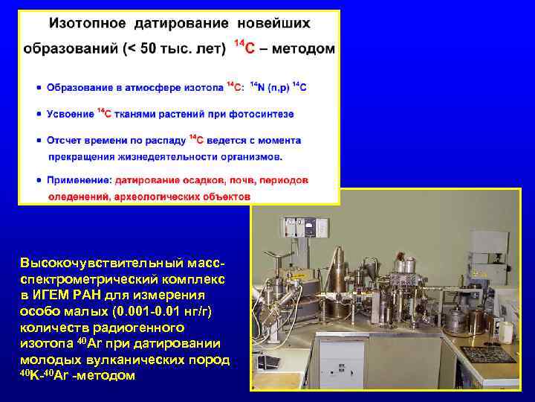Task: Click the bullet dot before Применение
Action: (x=39, y=180)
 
